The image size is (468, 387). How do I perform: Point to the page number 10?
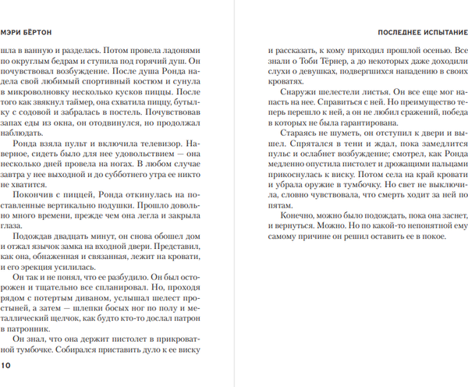pos(7,365)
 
